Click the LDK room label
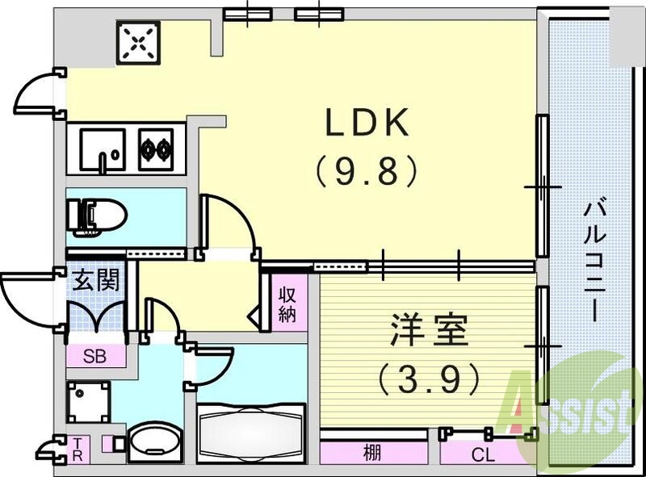pos(368,123)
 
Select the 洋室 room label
pos(429,332)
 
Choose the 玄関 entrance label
pos(97,281)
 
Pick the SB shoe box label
pos(94,354)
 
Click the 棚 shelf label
pos(371,453)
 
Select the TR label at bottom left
pos(78,449)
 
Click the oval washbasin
pos(154,442)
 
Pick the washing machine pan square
pos(86,401)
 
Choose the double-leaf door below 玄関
pos(96,316)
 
